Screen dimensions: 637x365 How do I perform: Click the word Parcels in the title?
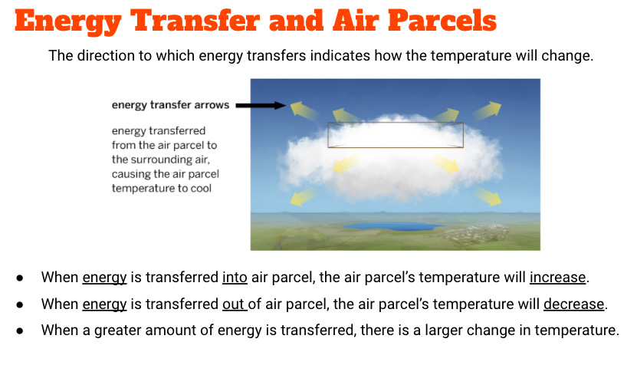(442, 21)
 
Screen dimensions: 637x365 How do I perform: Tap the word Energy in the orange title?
(68, 22)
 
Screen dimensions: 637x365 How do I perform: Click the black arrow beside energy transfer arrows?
(261, 106)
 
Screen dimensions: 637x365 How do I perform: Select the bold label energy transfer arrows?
(171, 105)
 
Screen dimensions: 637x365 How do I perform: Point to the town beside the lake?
(475, 234)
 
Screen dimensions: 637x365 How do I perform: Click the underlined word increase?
(558, 278)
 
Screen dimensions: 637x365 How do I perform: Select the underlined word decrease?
(573, 304)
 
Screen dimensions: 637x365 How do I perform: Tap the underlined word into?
(235, 278)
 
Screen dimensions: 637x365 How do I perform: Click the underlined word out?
(234, 304)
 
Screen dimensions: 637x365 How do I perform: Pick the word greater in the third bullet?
(117, 330)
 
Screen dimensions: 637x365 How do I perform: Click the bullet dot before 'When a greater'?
(20, 330)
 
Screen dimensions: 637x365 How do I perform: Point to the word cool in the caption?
(202, 188)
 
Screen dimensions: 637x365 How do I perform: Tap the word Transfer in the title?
(195, 21)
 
